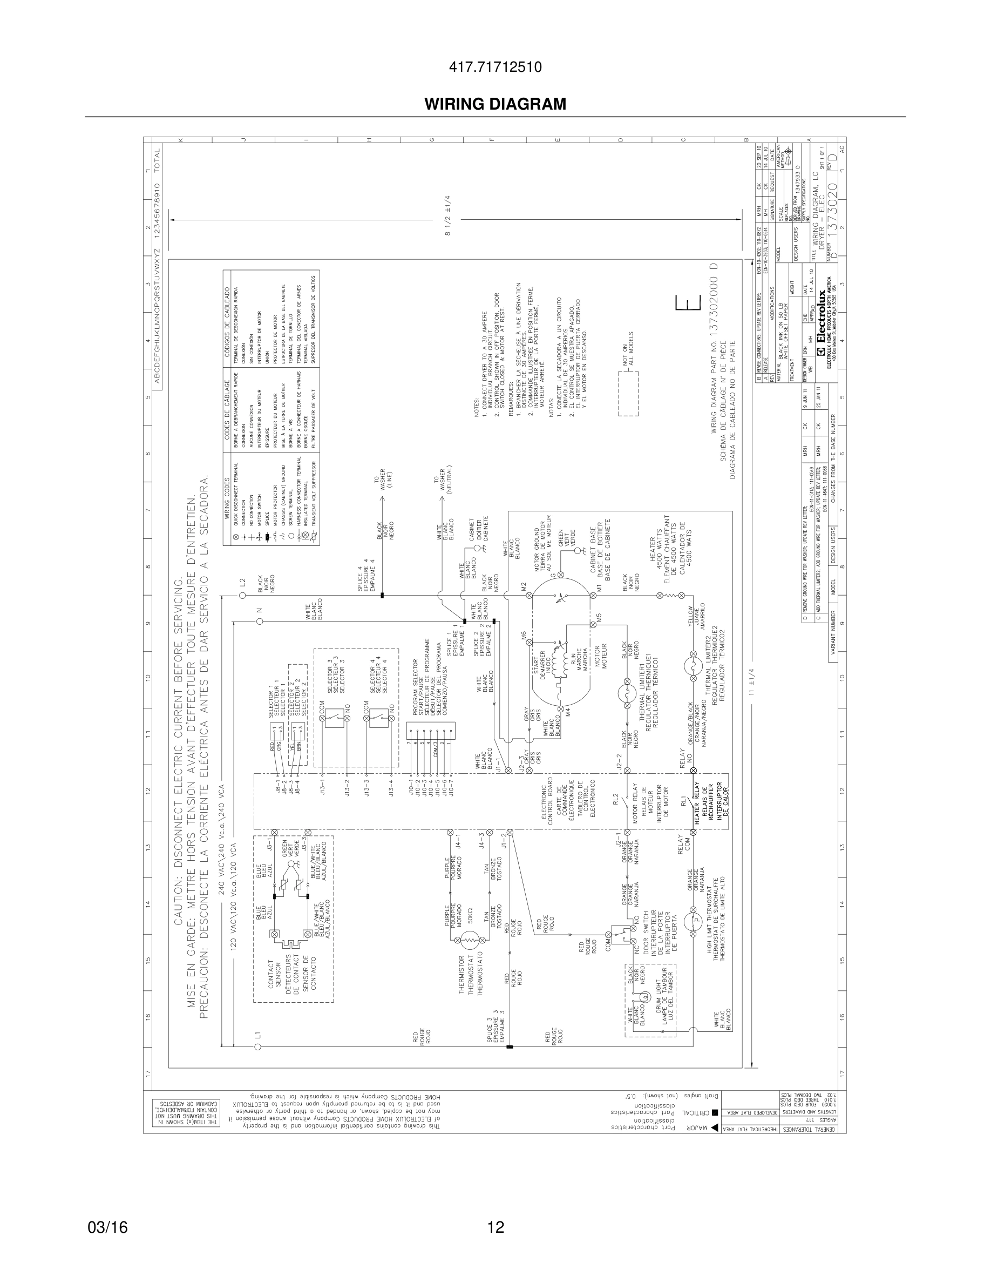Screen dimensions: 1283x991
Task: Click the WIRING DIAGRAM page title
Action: (x=495, y=104)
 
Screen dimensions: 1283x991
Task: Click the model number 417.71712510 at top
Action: (x=495, y=67)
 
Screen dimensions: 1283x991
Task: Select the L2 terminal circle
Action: (x=242, y=596)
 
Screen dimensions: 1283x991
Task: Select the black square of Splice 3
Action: (x=509, y=1046)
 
